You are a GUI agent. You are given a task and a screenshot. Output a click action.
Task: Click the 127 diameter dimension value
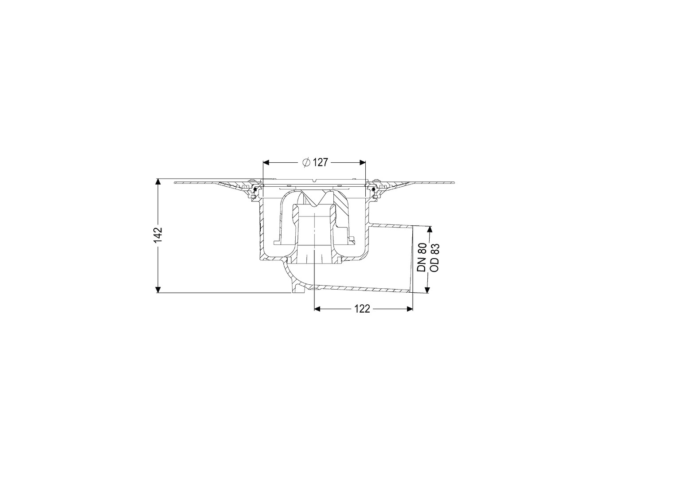coord(321,163)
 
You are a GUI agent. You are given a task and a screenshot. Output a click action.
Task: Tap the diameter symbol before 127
coord(306,163)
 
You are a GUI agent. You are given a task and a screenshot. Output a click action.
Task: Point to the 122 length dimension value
coord(362,309)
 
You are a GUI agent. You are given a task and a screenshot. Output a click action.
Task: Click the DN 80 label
coord(422,257)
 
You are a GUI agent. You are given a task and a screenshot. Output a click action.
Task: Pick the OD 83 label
coord(434,257)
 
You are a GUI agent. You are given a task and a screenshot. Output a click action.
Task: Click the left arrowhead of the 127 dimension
coord(266,163)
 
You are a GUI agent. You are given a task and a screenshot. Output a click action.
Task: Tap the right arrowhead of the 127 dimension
coord(362,163)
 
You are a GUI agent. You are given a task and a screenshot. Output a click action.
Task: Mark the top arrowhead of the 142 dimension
coord(157,182)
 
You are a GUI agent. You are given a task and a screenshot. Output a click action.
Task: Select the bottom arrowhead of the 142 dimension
coord(157,290)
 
